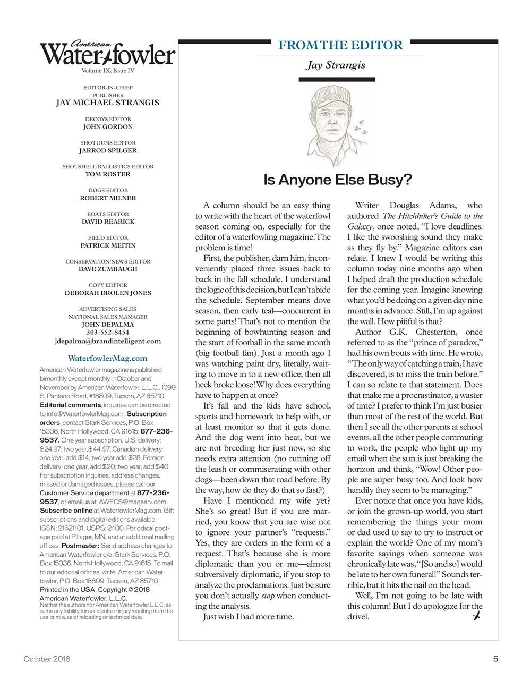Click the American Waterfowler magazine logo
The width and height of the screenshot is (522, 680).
(107, 53)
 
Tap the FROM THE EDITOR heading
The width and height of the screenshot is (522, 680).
(340, 45)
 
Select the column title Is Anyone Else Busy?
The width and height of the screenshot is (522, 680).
(338, 180)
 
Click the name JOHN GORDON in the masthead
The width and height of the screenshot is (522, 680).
(108, 127)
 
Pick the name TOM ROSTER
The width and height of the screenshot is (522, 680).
(108, 174)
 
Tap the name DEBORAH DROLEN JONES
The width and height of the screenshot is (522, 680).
(108, 293)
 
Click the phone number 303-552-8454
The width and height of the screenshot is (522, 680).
(108, 333)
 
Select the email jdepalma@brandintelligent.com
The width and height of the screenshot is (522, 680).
(108, 341)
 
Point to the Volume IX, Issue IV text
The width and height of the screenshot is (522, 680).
(108, 71)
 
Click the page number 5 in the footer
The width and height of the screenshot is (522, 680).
(495, 659)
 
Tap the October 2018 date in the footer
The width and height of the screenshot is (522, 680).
(47, 659)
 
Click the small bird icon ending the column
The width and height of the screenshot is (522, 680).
(476, 616)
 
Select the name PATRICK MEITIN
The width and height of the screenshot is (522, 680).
(108, 245)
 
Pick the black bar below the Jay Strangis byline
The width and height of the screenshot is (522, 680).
(337, 80)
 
